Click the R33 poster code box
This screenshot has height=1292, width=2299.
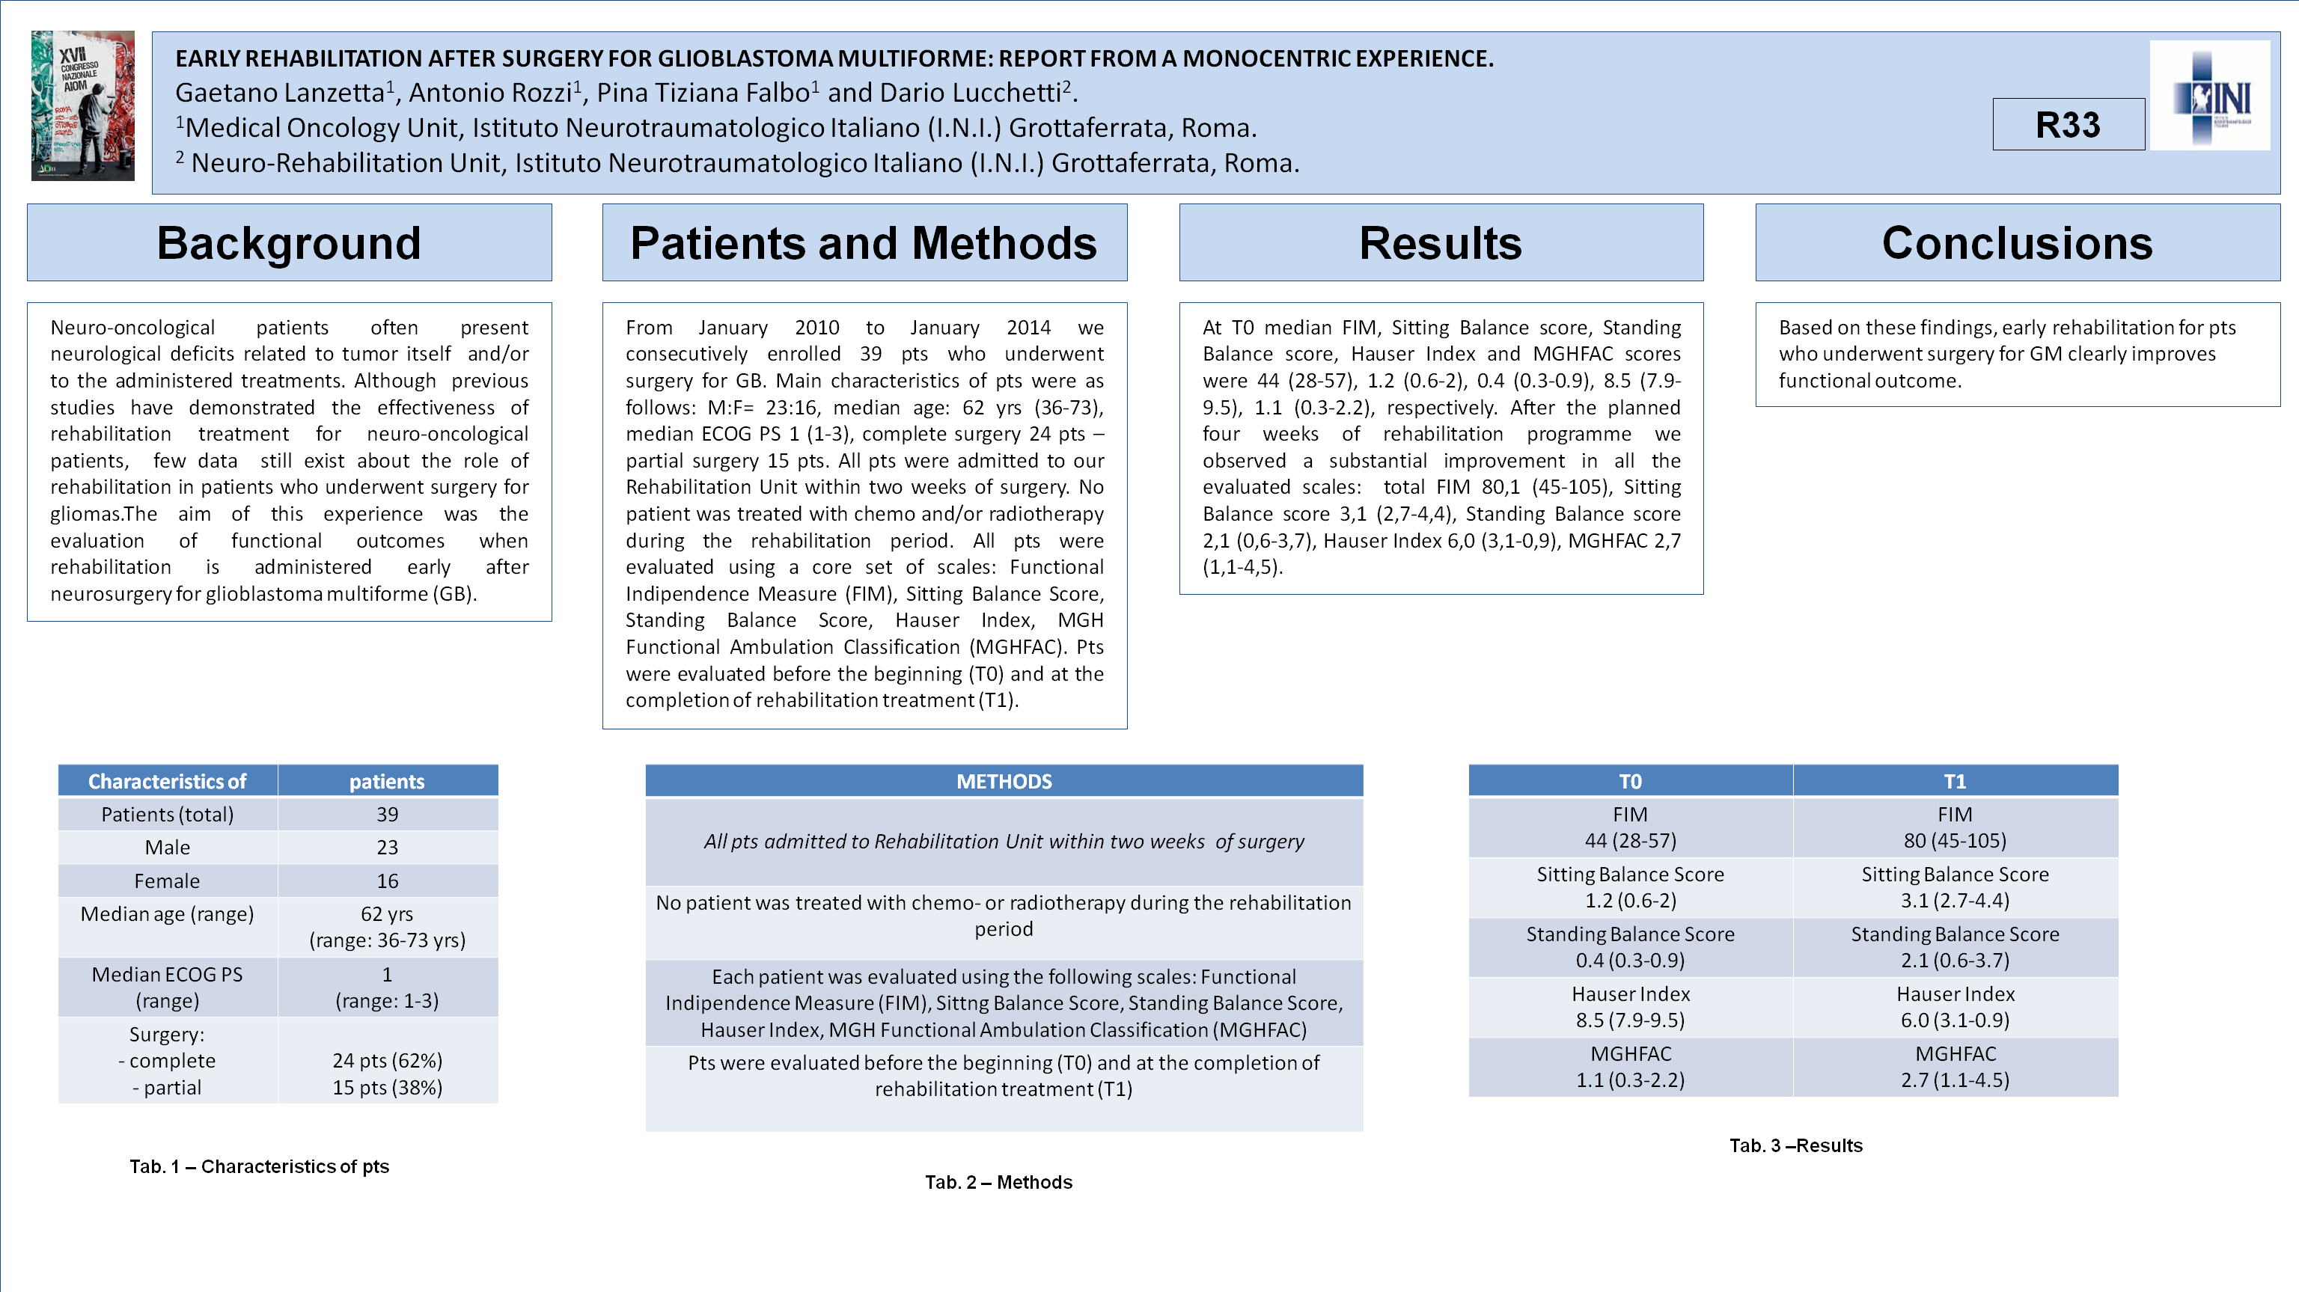click(2068, 125)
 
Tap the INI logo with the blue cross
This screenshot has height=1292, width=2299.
click(2211, 97)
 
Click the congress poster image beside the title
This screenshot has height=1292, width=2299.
click(83, 105)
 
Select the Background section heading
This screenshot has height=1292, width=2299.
click(289, 242)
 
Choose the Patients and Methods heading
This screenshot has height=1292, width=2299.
click(864, 242)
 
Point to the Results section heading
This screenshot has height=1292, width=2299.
click(1441, 242)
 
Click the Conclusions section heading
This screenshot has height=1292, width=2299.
click(2017, 242)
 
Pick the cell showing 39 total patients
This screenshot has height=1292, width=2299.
click(388, 815)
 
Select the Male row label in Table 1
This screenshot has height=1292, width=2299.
click(168, 848)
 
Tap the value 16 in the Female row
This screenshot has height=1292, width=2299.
click(388, 881)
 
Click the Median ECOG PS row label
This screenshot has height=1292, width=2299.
click(168, 987)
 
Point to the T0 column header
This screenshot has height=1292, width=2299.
click(1630, 782)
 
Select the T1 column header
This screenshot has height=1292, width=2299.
click(1955, 782)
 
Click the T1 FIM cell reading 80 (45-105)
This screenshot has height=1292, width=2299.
click(1955, 828)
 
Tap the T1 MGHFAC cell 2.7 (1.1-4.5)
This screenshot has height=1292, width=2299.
click(1955, 1067)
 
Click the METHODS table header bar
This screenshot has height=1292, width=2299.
click(1004, 782)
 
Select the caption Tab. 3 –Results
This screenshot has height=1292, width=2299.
click(1795, 1145)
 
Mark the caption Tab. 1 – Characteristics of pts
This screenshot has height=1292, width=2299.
click(260, 1166)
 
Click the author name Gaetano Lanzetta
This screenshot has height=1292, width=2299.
click(279, 93)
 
